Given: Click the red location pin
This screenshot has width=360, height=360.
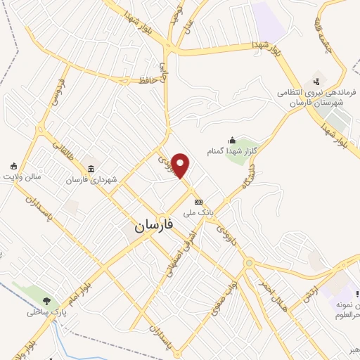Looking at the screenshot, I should (x=181, y=166).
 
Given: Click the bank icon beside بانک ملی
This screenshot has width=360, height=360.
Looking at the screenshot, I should (x=199, y=200).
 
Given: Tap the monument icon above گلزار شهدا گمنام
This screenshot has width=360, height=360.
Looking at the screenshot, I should (x=233, y=141).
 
